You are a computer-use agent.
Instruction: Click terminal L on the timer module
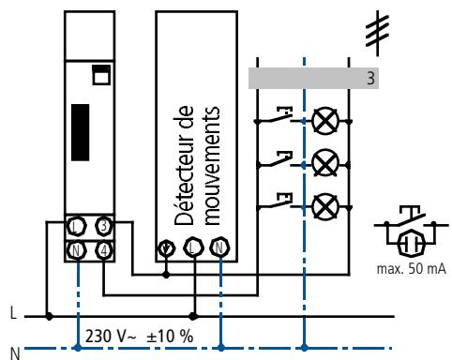pos(76,226)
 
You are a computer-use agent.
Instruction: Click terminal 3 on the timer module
pos(104,226)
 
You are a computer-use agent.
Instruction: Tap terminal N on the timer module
pos(76,250)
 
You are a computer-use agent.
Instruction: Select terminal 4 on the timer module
pos(104,250)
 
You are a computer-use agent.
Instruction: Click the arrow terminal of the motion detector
pos(166,248)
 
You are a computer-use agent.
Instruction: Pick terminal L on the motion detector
pos(193,247)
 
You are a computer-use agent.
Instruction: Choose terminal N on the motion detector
pos(220,247)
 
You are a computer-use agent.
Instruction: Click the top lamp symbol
pos(325,121)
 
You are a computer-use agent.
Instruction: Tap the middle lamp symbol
pos(325,163)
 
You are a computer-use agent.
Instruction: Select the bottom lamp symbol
pos(325,207)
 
